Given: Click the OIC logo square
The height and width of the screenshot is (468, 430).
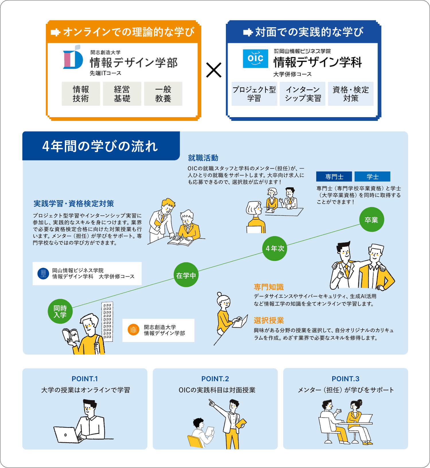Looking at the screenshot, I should (x=255, y=59).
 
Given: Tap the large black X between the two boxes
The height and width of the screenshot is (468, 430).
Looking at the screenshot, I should (x=214, y=70).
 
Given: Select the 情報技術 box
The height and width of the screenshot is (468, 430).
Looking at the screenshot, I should (x=81, y=94).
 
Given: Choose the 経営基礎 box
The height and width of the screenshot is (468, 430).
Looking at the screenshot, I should (x=122, y=94).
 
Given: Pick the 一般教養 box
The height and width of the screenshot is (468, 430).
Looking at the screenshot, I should (x=163, y=94).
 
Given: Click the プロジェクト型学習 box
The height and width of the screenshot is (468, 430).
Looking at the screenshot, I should (x=254, y=94).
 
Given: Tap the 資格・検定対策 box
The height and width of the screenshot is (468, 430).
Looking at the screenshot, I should (x=351, y=94).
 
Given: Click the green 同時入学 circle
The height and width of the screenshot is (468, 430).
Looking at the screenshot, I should (x=60, y=311).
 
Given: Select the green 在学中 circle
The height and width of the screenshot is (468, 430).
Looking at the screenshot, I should (x=186, y=275).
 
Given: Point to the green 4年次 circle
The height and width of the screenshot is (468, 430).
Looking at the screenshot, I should (x=275, y=248).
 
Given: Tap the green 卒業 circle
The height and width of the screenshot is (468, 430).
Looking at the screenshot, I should (x=372, y=220).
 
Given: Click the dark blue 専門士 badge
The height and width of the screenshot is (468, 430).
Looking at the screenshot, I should (x=334, y=176).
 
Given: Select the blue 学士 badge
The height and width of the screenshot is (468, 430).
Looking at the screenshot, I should (x=372, y=176).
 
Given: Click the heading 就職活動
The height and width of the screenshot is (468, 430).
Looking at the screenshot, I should (x=203, y=158).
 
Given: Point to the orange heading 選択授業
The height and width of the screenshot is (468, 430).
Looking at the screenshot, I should (x=269, y=320).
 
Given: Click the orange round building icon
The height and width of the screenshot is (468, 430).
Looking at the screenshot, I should (x=133, y=330).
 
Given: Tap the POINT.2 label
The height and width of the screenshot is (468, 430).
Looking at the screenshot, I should (x=215, y=379).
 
